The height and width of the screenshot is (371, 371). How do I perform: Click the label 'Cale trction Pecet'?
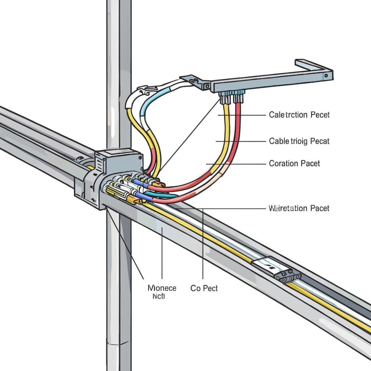[299, 115]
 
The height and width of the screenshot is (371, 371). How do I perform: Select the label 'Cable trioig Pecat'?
[299, 141]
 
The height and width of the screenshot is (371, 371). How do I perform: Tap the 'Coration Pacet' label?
[294, 163]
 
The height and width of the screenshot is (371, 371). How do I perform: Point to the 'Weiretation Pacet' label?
[299, 208]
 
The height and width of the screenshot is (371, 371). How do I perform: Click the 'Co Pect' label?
[204, 288]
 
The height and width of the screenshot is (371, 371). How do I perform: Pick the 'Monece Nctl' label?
[162, 292]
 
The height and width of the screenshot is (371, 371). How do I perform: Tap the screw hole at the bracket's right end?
[326, 76]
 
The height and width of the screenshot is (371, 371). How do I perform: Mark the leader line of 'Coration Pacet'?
[235, 164]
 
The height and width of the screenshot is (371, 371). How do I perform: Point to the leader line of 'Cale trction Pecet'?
[243, 115]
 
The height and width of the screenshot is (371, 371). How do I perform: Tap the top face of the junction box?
[118, 154]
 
